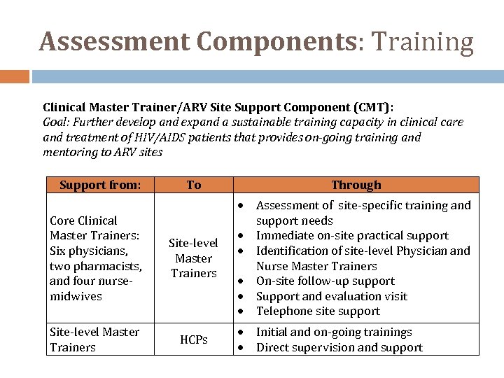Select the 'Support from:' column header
pyautogui.click(x=100, y=185)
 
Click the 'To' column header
pyautogui.click(x=194, y=185)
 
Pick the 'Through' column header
pyautogui.click(x=356, y=185)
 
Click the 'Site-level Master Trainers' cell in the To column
pyautogui.click(x=194, y=258)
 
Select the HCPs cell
pyautogui.click(x=194, y=339)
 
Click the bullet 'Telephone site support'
pyautogui.click(x=318, y=311)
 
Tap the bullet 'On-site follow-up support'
pyautogui.click(x=325, y=281)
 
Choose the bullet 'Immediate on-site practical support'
pyautogui.click(x=352, y=235)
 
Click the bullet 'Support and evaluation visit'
pyautogui.click(x=331, y=296)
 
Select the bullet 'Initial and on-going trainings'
pyautogui.click(x=334, y=332)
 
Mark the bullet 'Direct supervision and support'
pyautogui.click(x=339, y=347)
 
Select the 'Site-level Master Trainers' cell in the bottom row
pyautogui.click(x=94, y=339)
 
